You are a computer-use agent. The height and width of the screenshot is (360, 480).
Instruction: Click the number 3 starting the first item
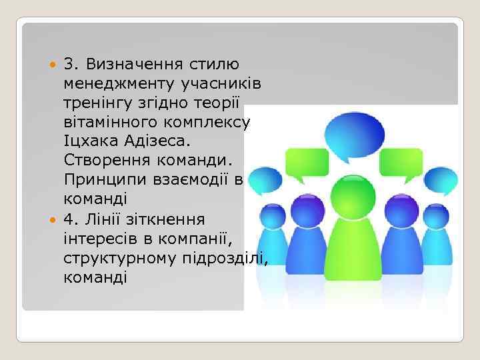point(68,65)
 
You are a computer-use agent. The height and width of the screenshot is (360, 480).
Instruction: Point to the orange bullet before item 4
point(55,219)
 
